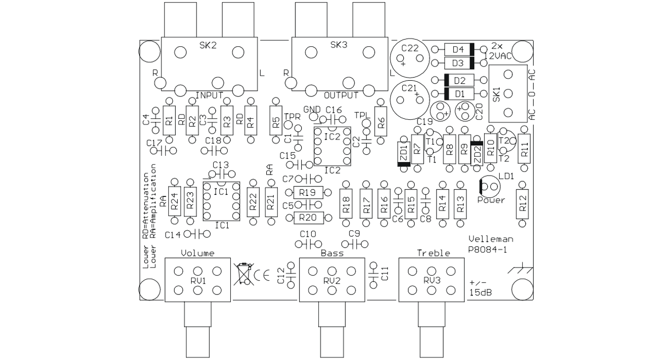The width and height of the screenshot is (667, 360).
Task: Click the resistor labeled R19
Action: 308,192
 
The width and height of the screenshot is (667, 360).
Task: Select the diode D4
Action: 459,49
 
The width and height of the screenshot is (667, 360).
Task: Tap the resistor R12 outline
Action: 522,204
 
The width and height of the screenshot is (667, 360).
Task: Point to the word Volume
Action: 197,253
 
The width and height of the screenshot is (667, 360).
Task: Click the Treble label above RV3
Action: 433,253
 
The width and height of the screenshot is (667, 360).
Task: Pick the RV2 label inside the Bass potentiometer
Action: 332,281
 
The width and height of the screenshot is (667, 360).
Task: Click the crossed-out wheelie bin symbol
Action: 244,274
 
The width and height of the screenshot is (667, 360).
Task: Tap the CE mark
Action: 262,276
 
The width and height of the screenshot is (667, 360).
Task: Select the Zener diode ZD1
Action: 404,154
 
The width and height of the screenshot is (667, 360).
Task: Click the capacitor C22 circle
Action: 410,58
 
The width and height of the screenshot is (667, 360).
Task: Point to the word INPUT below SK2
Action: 209,95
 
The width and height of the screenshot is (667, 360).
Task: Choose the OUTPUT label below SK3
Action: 341,95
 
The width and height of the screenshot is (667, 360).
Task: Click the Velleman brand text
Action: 491,239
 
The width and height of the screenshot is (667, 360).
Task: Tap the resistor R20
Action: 308,218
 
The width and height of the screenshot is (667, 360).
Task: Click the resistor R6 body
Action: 381,121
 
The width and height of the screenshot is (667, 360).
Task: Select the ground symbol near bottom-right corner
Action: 520,268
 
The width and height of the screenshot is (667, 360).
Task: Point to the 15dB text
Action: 480,292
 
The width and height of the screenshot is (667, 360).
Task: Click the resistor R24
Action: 175,201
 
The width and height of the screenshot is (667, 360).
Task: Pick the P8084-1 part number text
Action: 487,250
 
